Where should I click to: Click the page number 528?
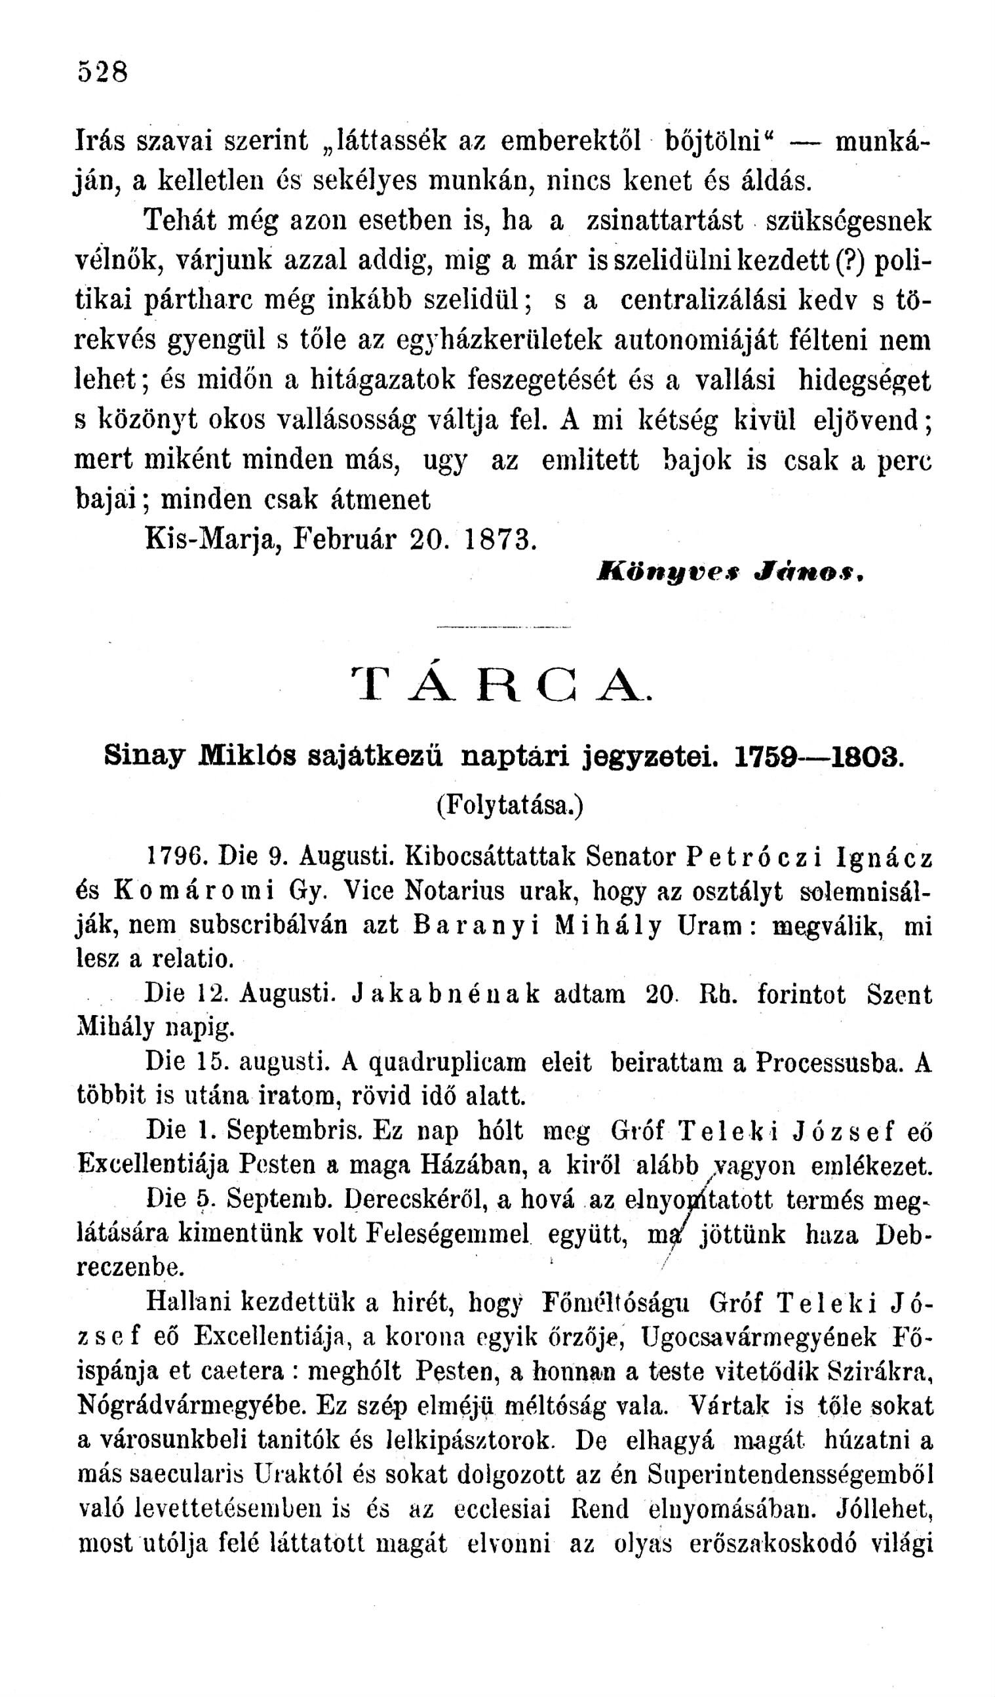click(102, 71)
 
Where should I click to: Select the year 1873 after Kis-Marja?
click(500, 538)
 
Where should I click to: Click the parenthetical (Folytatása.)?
click(509, 805)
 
